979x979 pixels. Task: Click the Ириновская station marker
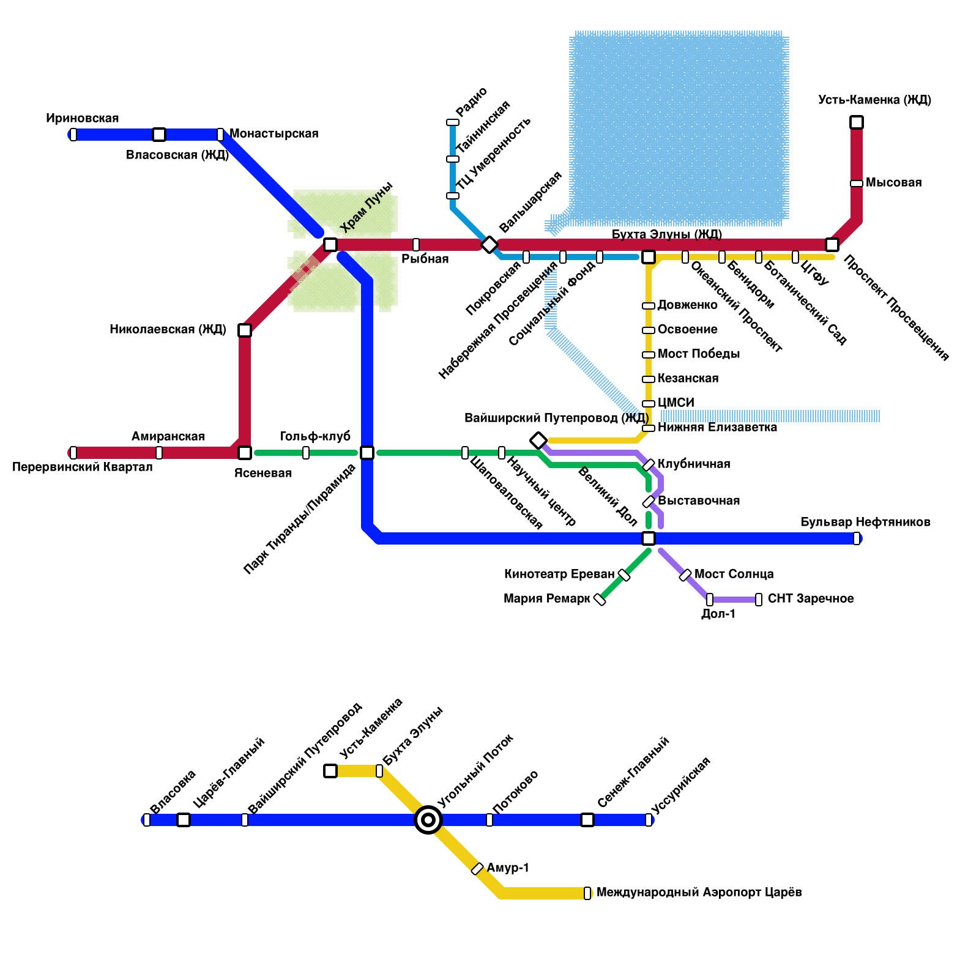(73, 135)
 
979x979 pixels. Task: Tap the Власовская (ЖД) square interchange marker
(159, 135)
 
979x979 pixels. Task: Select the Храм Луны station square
(330, 245)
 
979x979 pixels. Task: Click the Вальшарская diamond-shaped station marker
(489, 245)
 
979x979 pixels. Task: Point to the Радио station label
(472, 102)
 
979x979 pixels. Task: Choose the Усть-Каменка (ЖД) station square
(857, 122)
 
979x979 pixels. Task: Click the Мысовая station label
(893, 183)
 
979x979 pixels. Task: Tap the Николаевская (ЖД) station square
(245, 330)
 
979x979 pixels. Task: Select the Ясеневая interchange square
(245, 453)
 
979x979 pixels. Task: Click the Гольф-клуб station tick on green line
(306, 453)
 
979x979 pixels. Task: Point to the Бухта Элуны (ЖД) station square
(649, 257)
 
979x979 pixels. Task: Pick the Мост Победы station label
(699, 354)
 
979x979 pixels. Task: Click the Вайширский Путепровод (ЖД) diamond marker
(538, 441)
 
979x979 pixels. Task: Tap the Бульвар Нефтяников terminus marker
(857, 538)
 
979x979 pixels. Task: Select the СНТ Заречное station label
(811, 599)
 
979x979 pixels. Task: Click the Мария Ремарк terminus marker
(600, 600)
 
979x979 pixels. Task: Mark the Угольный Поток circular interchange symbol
(428, 820)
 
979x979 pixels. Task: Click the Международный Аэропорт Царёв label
(699, 893)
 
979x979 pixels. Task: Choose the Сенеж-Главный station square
(587, 820)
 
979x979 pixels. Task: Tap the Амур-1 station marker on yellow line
(477, 869)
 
